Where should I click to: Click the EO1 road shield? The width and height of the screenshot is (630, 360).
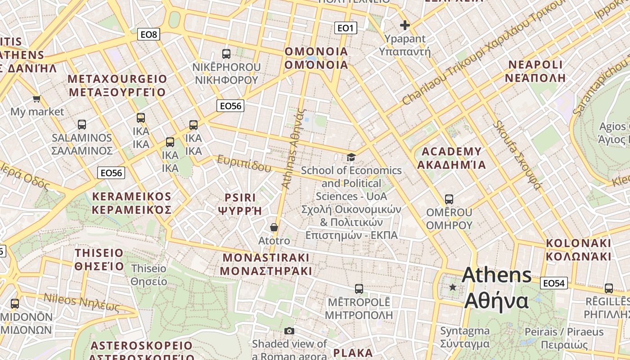346,28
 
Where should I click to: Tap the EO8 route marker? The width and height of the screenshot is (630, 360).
148,34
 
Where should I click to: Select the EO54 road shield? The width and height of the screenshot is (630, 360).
553,283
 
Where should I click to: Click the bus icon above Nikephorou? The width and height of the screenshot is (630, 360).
226,54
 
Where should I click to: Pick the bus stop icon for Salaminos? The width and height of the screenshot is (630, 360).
81,125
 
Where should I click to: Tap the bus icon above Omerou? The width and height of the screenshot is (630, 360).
449,199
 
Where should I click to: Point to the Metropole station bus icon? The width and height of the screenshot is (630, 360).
359,288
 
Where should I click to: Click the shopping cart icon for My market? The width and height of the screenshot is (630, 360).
36,99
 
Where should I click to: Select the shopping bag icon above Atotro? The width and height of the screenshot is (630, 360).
274,228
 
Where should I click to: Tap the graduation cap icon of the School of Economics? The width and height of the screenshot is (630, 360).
351,157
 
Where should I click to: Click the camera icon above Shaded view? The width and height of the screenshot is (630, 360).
289,331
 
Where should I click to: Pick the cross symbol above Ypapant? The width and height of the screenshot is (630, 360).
405,25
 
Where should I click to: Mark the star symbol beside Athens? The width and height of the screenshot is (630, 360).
453,287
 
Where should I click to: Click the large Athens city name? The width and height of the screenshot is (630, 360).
496,288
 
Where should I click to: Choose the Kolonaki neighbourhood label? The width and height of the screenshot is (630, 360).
578,250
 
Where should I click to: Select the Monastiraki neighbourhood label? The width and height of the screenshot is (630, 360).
266,264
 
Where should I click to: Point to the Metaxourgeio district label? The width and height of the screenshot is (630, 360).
117,85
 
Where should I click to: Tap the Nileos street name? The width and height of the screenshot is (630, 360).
81,302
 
